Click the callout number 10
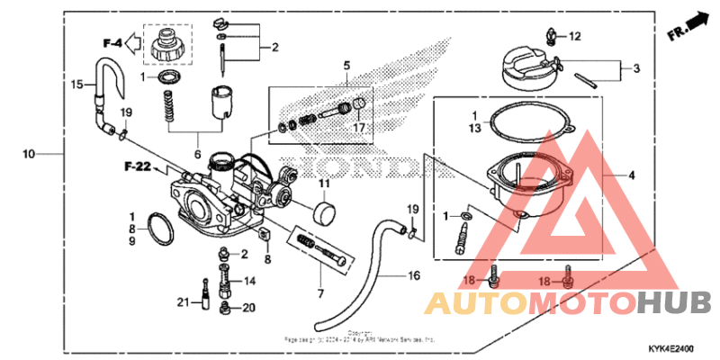tap(29, 154)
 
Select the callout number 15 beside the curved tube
tap(77, 84)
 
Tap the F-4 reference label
tap(112, 42)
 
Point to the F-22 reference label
tap(135, 166)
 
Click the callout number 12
tap(575, 37)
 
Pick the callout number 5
tap(345, 65)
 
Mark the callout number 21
tap(182, 301)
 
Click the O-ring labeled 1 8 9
tap(159, 229)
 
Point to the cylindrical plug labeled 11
tap(323, 217)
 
